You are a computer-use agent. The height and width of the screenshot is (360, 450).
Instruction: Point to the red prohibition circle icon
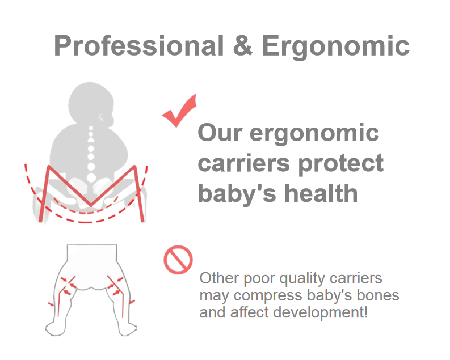point(178,260)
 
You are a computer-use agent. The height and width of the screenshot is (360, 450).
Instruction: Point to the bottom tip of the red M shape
point(91,205)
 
